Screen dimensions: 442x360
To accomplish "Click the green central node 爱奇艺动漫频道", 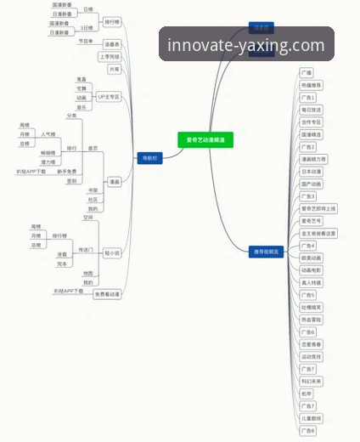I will click(205, 139).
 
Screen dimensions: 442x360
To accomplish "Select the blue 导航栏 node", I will click(149, 157).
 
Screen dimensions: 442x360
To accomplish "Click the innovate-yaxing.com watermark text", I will click(246, 45).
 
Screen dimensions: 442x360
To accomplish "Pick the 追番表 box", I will click(112, 43).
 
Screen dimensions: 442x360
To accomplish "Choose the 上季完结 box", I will click(110, 56).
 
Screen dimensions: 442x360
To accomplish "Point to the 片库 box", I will click(114, 69).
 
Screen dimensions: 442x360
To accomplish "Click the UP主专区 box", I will click(110, 97).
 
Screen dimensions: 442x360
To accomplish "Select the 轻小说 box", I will click(113, 252).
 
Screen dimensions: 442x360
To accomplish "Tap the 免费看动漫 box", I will click(107, 293).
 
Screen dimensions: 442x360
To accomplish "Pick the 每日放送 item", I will click(312, 110).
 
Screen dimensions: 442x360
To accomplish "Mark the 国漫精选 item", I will click(312, 134).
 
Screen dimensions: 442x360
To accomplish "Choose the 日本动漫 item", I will click(312, 171).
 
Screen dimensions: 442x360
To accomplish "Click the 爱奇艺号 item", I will click(310, 220).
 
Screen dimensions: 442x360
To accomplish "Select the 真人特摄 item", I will click(312, 282).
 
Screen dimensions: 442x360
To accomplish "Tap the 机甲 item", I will click(307, 394).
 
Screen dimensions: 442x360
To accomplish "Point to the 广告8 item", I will click(308, 431).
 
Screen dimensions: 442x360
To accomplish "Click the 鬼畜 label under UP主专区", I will click(82, 78).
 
